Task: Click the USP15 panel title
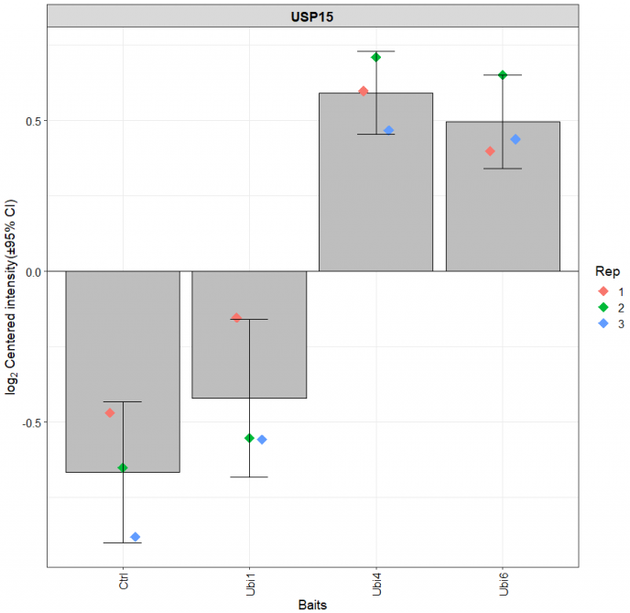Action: [313, 16]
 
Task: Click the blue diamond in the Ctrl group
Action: [136, 537]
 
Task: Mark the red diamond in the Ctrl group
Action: [110, 413]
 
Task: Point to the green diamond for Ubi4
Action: [375, 58]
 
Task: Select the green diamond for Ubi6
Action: [502, 75]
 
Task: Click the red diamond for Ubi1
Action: [236, 318]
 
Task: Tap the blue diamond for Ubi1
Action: [262, 440]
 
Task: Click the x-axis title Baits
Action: [313, 605]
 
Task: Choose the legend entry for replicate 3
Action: [608, 323]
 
